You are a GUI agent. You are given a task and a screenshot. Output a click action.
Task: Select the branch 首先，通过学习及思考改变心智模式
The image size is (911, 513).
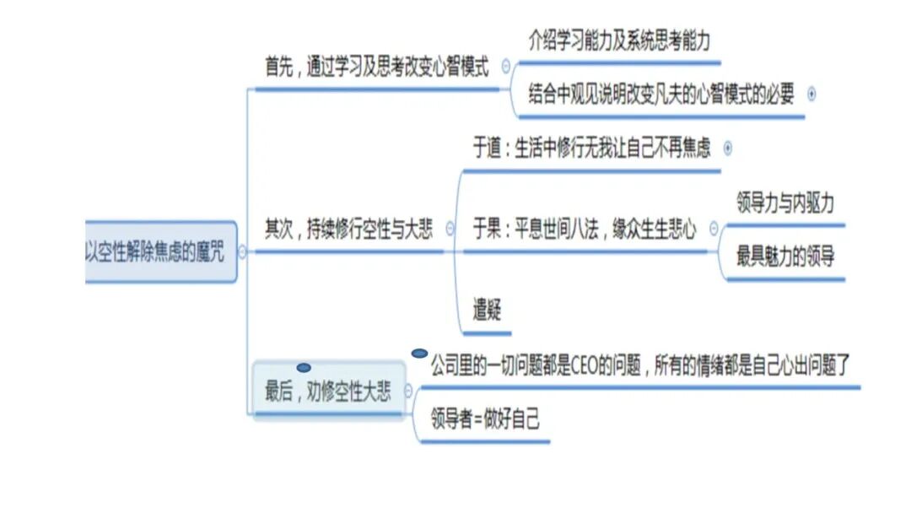[x=376, y=68]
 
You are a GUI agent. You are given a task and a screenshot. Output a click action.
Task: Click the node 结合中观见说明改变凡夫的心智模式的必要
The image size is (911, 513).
[x=661, y=94]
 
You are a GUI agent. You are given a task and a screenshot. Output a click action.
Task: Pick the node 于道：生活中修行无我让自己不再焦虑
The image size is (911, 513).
[x=591, y=148]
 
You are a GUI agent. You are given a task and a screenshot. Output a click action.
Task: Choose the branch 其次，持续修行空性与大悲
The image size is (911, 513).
[x=348, y=229]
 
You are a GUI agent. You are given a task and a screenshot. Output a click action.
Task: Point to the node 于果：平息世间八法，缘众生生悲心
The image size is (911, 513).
[x=585, y=229]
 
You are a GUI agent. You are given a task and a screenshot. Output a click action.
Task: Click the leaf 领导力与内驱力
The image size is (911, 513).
[x=786, y=203]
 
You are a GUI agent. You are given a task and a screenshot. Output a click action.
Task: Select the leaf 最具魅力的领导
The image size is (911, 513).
[x=785, y=256]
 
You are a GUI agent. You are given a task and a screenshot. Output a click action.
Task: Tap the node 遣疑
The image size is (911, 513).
[x=487, y=310]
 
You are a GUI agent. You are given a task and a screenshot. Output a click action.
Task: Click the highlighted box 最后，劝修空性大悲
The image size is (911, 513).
[x=328, y=391]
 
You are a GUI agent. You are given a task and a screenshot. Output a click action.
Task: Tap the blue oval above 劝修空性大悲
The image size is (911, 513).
[x=304, y=368]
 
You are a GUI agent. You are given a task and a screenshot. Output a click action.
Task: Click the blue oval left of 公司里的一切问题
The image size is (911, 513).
[x=419, y=354]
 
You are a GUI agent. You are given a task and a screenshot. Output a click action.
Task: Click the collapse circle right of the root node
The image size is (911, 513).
[x=243, y=251]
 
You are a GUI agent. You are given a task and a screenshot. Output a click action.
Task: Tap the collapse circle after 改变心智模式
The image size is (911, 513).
[x=506, y=67]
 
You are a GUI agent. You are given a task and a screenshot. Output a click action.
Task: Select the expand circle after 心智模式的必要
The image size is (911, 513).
[x=811, y=94]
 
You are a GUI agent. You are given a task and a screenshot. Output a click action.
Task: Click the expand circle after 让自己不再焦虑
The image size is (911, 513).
[x=728, y=148]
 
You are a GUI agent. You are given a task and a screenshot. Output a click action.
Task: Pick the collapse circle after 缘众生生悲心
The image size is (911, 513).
[x=714, y=228]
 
